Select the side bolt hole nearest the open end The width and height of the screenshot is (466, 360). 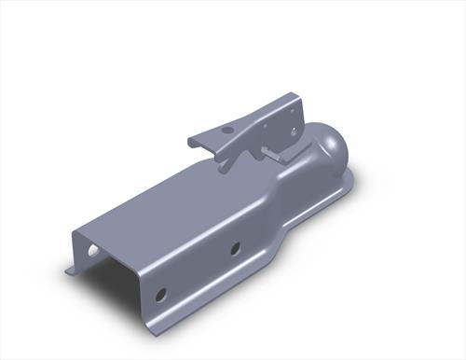(x=162, y=295)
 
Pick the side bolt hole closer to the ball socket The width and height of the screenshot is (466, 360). (x=235, y=249)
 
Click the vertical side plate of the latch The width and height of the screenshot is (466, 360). (x=280, y=121)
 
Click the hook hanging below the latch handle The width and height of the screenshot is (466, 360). (x=226, y=162)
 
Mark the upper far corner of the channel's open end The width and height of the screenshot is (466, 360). (x=78, y=231)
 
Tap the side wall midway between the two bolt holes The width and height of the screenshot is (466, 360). (x=199, y=272)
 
